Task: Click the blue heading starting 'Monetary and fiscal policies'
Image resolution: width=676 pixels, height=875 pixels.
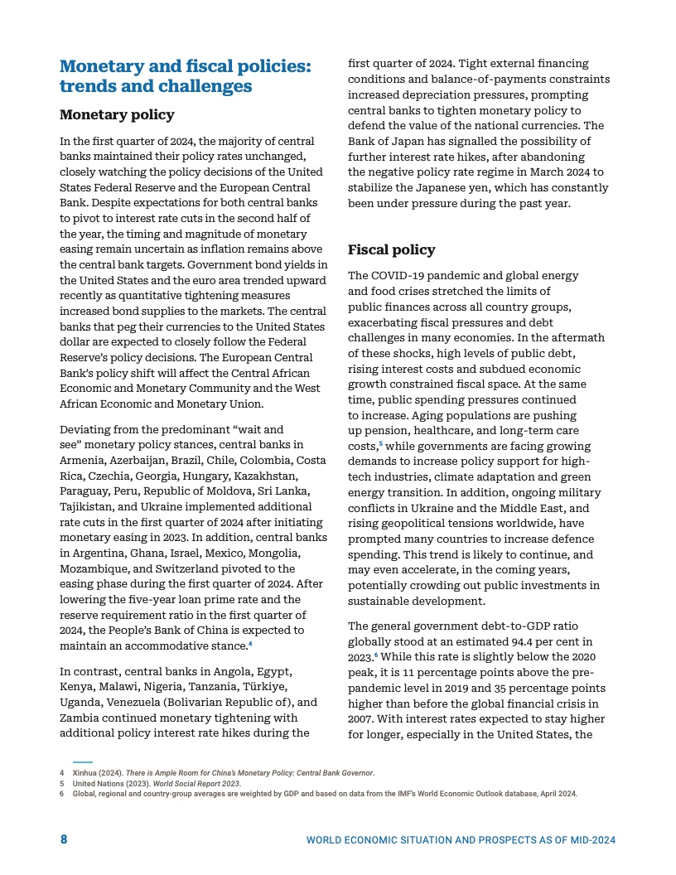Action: pos(186,75)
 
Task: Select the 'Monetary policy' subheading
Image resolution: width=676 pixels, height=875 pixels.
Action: pos(117,114)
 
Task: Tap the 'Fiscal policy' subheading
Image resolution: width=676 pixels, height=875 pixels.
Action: pos(391,249)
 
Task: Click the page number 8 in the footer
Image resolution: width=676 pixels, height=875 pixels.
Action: pos(64,839)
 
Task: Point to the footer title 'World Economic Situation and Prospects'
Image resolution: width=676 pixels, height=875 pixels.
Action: pos(461,840)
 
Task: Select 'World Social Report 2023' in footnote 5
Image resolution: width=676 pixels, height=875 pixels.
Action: pos(207,783)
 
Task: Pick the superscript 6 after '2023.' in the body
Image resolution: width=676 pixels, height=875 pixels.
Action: pos(375,655)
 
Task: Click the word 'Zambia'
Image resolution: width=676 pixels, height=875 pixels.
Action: pos(80,718)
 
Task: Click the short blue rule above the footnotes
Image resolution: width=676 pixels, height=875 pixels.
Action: pos(82,761)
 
